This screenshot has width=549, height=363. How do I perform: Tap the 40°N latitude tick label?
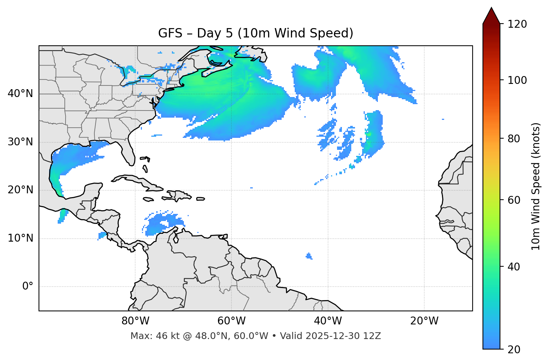(20, 94)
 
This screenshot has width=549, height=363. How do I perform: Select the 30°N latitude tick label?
(20, 142)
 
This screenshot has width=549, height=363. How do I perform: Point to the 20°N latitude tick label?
(20, 190)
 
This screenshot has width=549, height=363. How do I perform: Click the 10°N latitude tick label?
(20, 238)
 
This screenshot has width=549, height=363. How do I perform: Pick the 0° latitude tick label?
(28, 287)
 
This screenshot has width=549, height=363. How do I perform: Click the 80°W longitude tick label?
(135, 321)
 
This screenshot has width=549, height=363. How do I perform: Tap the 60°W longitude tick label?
(231, 321)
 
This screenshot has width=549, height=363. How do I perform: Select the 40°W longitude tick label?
(328, 321)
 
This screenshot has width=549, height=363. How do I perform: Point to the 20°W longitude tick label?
(424, 321)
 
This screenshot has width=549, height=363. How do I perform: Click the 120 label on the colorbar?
(517, 24)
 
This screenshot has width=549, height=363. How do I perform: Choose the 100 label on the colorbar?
(517, 80)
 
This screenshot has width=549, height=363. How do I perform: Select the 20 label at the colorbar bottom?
(513, 350)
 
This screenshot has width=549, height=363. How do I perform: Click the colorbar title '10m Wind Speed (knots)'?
(536, 186)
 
